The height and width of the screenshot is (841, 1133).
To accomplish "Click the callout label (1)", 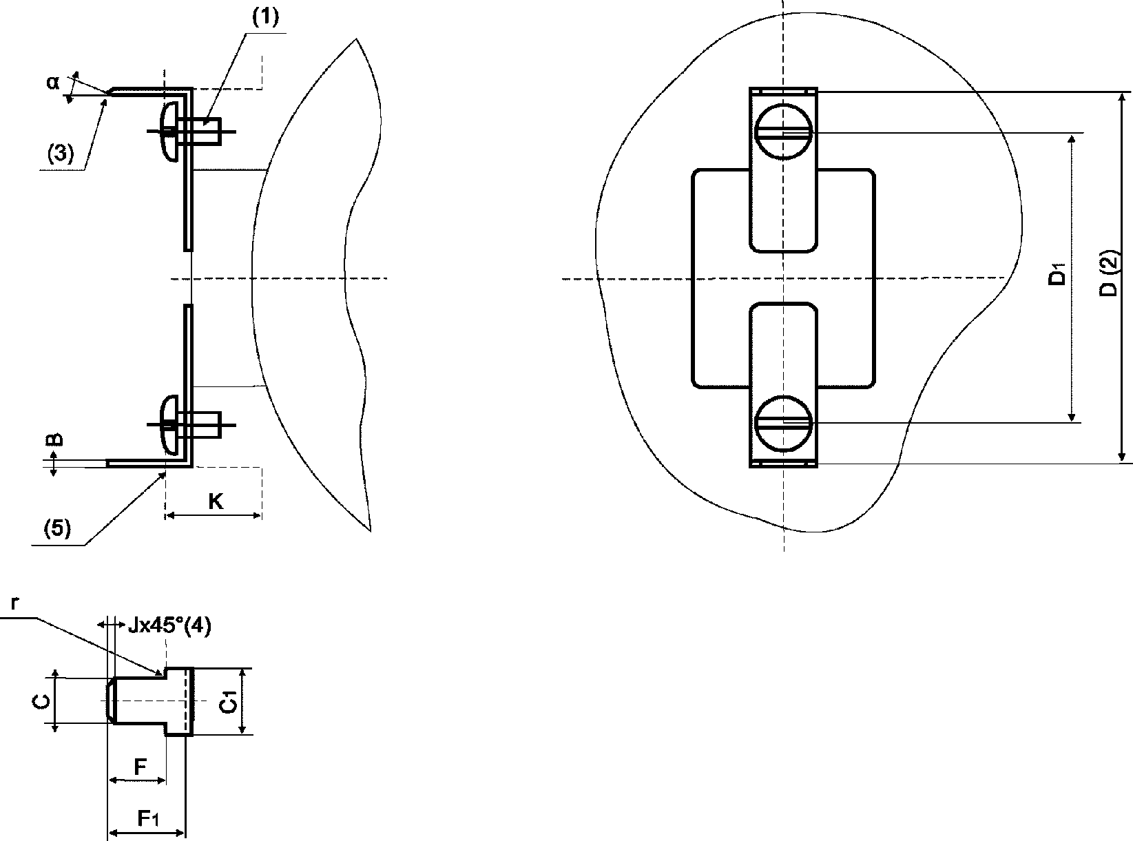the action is pyautogui.click(x=266, y=17).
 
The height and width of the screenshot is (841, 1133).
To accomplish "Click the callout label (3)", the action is pyautogui.click(x=61, y=154).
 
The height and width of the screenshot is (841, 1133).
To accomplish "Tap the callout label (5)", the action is pyautogui.click(x=57, y=528).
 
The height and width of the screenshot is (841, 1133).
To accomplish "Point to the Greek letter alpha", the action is pyautogui.click(x=52, y=82).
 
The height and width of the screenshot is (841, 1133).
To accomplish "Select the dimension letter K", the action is pyautogui.click(x=216, y=501).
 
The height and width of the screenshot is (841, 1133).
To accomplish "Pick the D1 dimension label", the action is pyautogui.click(x=1057, y=274).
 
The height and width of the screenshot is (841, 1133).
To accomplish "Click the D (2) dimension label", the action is pyautogui.click(x=1108, y=273).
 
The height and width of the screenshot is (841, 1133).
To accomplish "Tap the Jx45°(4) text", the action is pyautogui.click(x=169, y=626).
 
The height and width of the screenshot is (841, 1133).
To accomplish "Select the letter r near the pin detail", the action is pyautogui.click(x=15, y=603).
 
